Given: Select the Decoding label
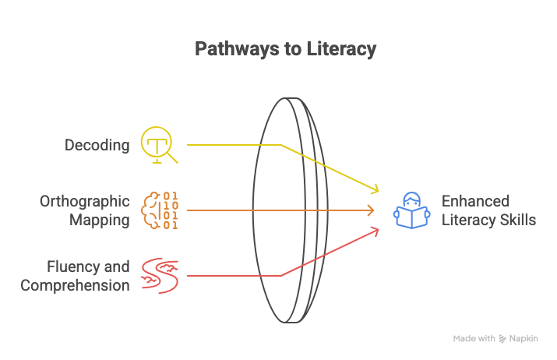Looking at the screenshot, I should click(97, 145).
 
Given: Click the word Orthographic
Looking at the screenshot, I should click(84, 202).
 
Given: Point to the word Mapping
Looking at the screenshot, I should click(100, 220).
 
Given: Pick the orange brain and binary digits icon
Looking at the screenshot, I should click(159, 210).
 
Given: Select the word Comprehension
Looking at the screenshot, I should click(75, 285).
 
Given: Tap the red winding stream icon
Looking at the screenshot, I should click(159, 276).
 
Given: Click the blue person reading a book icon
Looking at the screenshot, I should click(411, 210).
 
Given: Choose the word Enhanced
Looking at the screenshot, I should click(475, 202).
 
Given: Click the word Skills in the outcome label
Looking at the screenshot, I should click(517, 220).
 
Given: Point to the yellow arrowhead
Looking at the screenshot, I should click(375, 190).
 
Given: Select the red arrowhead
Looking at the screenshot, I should click(375, 230).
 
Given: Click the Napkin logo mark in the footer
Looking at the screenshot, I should click(503, 339).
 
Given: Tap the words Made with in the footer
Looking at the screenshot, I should click(474, 339).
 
